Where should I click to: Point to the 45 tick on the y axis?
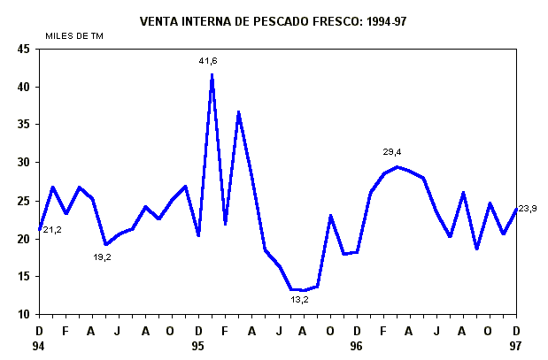(25, 50)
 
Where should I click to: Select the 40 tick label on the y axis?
(25, 88)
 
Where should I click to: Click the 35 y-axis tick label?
(25, 126)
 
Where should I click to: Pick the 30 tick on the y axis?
(25, 163)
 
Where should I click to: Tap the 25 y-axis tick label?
(25, 201)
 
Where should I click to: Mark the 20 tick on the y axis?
(25, 239)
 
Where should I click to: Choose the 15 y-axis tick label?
(25, 277)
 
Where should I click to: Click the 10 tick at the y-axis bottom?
(25, 314)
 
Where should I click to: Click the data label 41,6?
(208, 61)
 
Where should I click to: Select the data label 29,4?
(392, 152)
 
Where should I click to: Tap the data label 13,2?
(300, 300)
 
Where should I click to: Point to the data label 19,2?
(102, 257)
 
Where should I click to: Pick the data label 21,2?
(52, 230)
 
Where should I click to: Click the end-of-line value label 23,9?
(527, 209)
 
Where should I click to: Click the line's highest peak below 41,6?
(212, 75)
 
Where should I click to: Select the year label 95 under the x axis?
(197, 347)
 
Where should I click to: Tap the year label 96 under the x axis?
(356, 347)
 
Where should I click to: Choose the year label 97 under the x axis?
(516, 347)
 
